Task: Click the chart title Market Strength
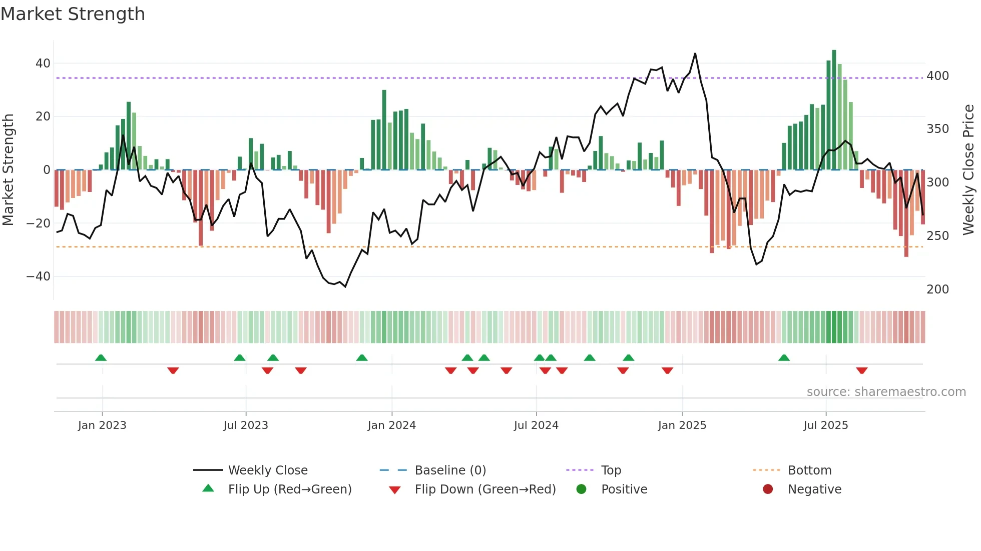coord(73,14)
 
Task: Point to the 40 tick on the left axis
coord(43,63)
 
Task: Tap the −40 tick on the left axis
coord(39,276)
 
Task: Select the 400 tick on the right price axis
coord(937,76)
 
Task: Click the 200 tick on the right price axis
coord(937,289)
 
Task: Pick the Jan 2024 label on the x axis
coord(391,425)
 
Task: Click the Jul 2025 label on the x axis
coord(825,425)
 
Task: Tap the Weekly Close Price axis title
coord(968,170)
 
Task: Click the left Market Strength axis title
coord(9,170)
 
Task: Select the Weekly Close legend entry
coord(267,470)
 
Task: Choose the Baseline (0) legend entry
coord(450,470)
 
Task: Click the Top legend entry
coord(611,470)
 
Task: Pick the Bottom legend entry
coord(809,470)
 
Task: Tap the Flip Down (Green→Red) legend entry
coord(484,489)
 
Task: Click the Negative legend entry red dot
coord(768,489)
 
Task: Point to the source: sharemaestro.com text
coord(886,392)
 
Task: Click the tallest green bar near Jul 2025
coord(834,110)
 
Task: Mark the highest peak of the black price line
coord(695,54)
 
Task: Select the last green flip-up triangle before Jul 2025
coord(784,357)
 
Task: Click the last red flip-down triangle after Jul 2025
coord(861,370)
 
